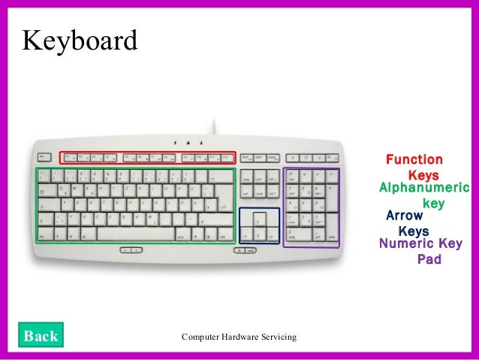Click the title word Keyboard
(x=80, y=41)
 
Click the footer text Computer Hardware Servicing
(x=239, y=335)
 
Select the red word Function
(x=414, y=159)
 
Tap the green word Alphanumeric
(x=424, y=188)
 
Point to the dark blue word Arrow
(x=405, y=216)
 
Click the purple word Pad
(x=429, y=259)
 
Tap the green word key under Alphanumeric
(x=434, y=203)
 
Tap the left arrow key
(x=246, y=236)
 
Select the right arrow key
(x=272, y=236)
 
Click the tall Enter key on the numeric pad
(x=330, y=228)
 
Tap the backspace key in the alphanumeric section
(x=222, y=175)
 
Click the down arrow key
(x=259, y=236)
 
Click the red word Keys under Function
(x=423, y=174)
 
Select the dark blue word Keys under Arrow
(x=413, y=231)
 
